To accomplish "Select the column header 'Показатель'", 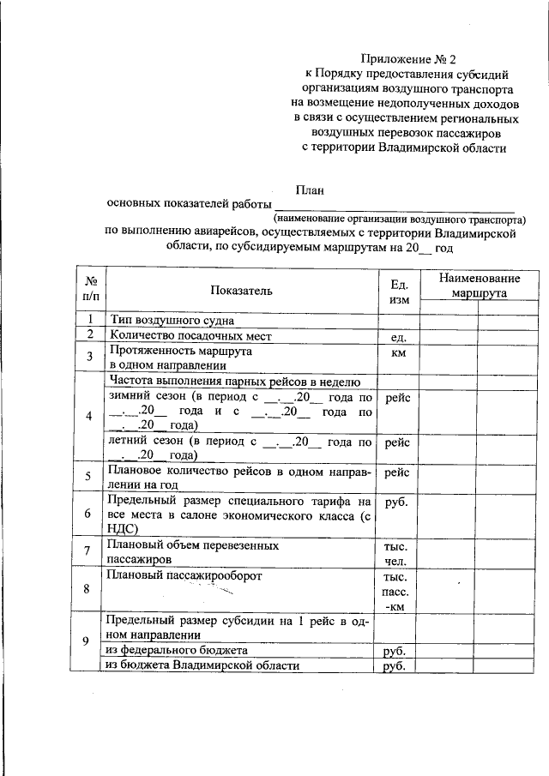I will click(241, 290).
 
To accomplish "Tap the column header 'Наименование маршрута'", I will click(480, 286).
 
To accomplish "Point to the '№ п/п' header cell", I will click(90, 290).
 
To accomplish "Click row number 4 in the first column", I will click(90, 416).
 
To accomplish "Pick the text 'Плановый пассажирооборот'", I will click(181, 576).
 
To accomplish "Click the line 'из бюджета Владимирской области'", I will click(202, 665).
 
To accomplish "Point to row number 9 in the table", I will click(90, 641).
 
